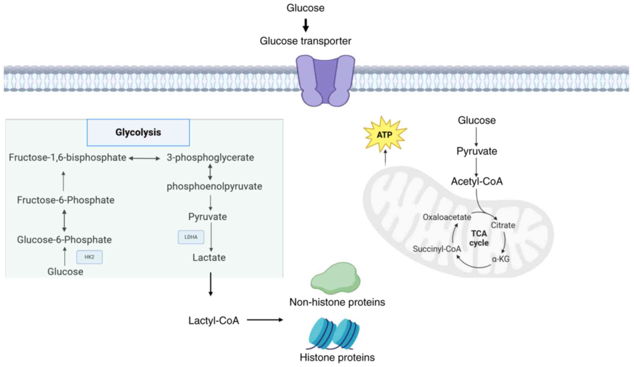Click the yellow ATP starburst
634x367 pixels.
(x=385, y=135)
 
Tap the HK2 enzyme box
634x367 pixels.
(x=90, y=257)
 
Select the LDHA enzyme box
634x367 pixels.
(x=191, y=237)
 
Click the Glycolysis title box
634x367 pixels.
(x=138, y=133)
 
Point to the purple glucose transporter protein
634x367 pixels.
(x=325, y=80)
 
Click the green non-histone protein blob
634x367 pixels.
(x=335, y=278)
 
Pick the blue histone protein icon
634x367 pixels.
(x=334, y=334)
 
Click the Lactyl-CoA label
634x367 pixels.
(x=214, y=321)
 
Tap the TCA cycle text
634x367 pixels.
(x=479, y=238)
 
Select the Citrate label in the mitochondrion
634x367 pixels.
(x=503, y=225)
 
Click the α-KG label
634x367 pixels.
(x=500, y=259)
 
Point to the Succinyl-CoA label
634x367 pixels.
(x=437, y=249)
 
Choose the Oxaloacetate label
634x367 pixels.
(x=447, y=217)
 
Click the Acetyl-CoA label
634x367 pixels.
(x=477, y=181)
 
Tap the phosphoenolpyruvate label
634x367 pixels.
(x=214, y=186)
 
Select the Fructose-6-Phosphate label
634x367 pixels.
(x=66, y=200)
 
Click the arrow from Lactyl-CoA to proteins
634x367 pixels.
(x=265, y=320)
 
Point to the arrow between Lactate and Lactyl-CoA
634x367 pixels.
(x=211, y=284)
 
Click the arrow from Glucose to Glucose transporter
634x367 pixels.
(x=306, y=25)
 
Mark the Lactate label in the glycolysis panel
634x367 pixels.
(x=209, y=258)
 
